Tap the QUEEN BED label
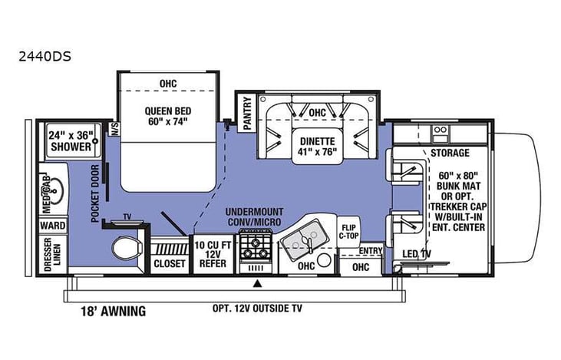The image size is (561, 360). pos(166,114)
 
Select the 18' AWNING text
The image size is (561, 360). pos(112,312)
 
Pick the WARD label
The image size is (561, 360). pos(53,226)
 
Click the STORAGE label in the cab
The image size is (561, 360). pos(449,154)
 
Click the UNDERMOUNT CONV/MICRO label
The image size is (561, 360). pos(253,216)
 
